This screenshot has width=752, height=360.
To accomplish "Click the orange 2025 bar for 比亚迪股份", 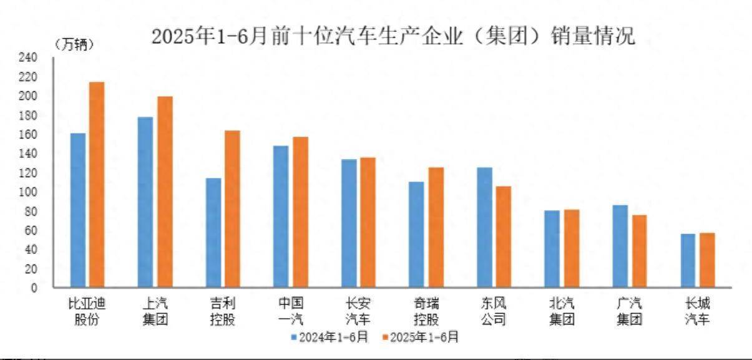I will point(97,185).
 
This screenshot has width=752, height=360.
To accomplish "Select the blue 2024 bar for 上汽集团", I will point(145,202).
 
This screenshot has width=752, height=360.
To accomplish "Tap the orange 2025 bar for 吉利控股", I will point(232,209).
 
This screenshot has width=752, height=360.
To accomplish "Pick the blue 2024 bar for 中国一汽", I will point(281,216).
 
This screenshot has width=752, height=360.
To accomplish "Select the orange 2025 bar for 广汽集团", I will point(638,251).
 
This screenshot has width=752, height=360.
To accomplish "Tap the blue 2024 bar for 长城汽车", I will point(688,260).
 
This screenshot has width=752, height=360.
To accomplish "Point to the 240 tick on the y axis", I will point(29,58).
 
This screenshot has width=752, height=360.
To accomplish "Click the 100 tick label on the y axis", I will point(29,192).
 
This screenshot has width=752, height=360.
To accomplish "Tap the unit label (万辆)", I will point(74,44).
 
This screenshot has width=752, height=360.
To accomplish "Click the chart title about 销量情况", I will point(393,36).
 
